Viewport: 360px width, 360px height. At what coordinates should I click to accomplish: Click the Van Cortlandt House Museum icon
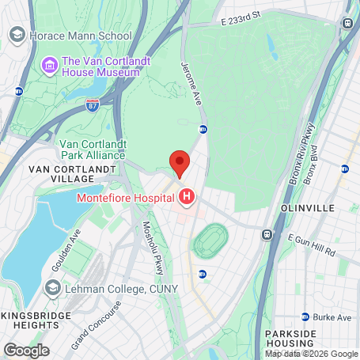click(50, 63)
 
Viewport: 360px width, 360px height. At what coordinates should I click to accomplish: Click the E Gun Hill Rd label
click(312, 244)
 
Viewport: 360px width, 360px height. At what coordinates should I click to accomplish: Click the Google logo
click(26, 349)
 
